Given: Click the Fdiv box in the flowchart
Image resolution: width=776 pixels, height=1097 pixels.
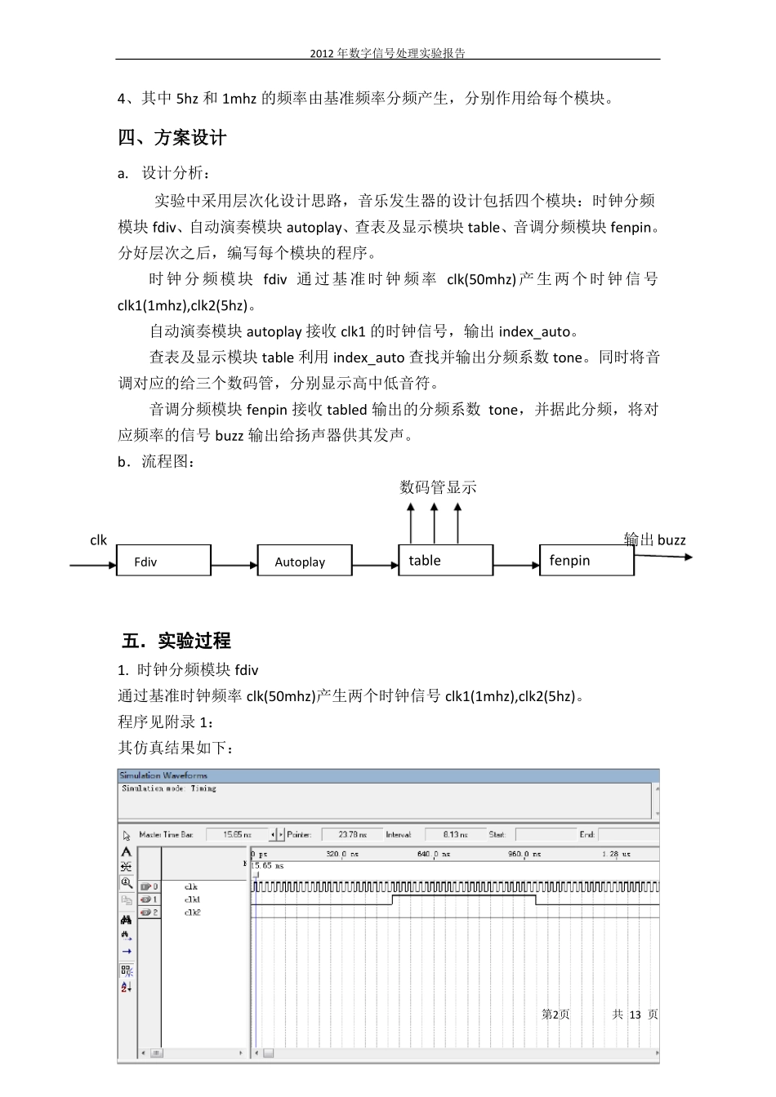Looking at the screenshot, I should (163, 561).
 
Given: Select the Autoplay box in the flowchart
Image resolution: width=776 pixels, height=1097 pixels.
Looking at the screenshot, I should (305, 561).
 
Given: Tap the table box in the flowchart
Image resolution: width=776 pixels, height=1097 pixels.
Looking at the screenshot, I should (445, 560).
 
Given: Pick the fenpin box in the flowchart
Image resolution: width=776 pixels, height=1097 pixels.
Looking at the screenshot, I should (586, 560).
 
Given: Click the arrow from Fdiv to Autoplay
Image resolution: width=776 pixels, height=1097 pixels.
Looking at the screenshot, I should (234, 565).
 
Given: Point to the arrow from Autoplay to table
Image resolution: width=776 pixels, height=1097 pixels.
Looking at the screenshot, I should (375, 565).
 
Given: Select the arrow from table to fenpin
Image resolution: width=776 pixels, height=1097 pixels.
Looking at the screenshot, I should (516, 565).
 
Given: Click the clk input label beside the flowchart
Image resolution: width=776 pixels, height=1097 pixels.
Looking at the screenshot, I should (98, 540).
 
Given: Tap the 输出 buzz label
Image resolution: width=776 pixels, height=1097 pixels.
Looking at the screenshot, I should (655, 540).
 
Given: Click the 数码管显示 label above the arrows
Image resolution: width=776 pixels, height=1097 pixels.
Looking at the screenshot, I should (438, 487).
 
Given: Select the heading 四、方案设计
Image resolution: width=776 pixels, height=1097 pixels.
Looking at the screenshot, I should (172, 138).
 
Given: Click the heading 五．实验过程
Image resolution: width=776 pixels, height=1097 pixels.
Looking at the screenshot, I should (176, 641).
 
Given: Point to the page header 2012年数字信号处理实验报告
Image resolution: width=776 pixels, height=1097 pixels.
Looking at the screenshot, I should (387, 53).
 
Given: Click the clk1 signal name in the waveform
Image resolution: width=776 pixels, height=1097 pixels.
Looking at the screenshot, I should (192, 899).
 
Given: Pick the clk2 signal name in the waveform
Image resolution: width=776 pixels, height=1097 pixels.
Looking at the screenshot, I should (192, 913).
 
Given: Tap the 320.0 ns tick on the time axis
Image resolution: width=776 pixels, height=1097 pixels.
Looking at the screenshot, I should (342, 855).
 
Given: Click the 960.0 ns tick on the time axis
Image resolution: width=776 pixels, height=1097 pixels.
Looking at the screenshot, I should (524, 855).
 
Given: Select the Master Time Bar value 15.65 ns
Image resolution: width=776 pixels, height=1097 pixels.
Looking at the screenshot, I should (237, 835).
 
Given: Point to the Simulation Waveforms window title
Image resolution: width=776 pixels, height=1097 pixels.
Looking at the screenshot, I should (163, 775).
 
